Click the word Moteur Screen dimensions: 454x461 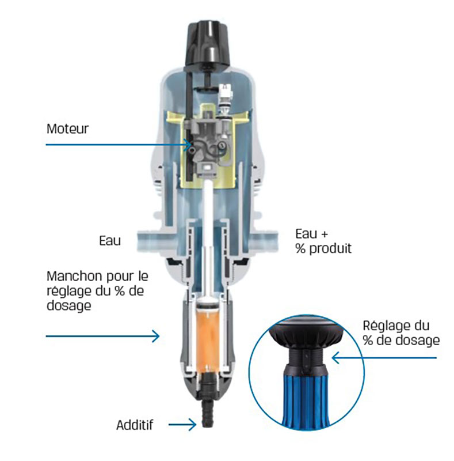click(x=67, y=129)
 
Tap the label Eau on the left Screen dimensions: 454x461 click(x=110, y=240)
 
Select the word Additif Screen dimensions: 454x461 click(x=135, y=425)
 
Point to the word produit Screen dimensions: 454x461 click(x=330, y=249)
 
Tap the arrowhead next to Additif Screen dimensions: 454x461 click(x=192, y=425)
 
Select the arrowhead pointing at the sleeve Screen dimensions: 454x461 click(x=155, y=336)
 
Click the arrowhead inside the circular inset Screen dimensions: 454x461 click(x=336, y=358)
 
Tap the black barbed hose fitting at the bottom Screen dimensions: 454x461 click(x=208, y=409)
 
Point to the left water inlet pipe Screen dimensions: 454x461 click(x=155, y=240)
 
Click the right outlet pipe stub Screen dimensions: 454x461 click(x=263, y=240)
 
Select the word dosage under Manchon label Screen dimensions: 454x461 click(x=68, y=306)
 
